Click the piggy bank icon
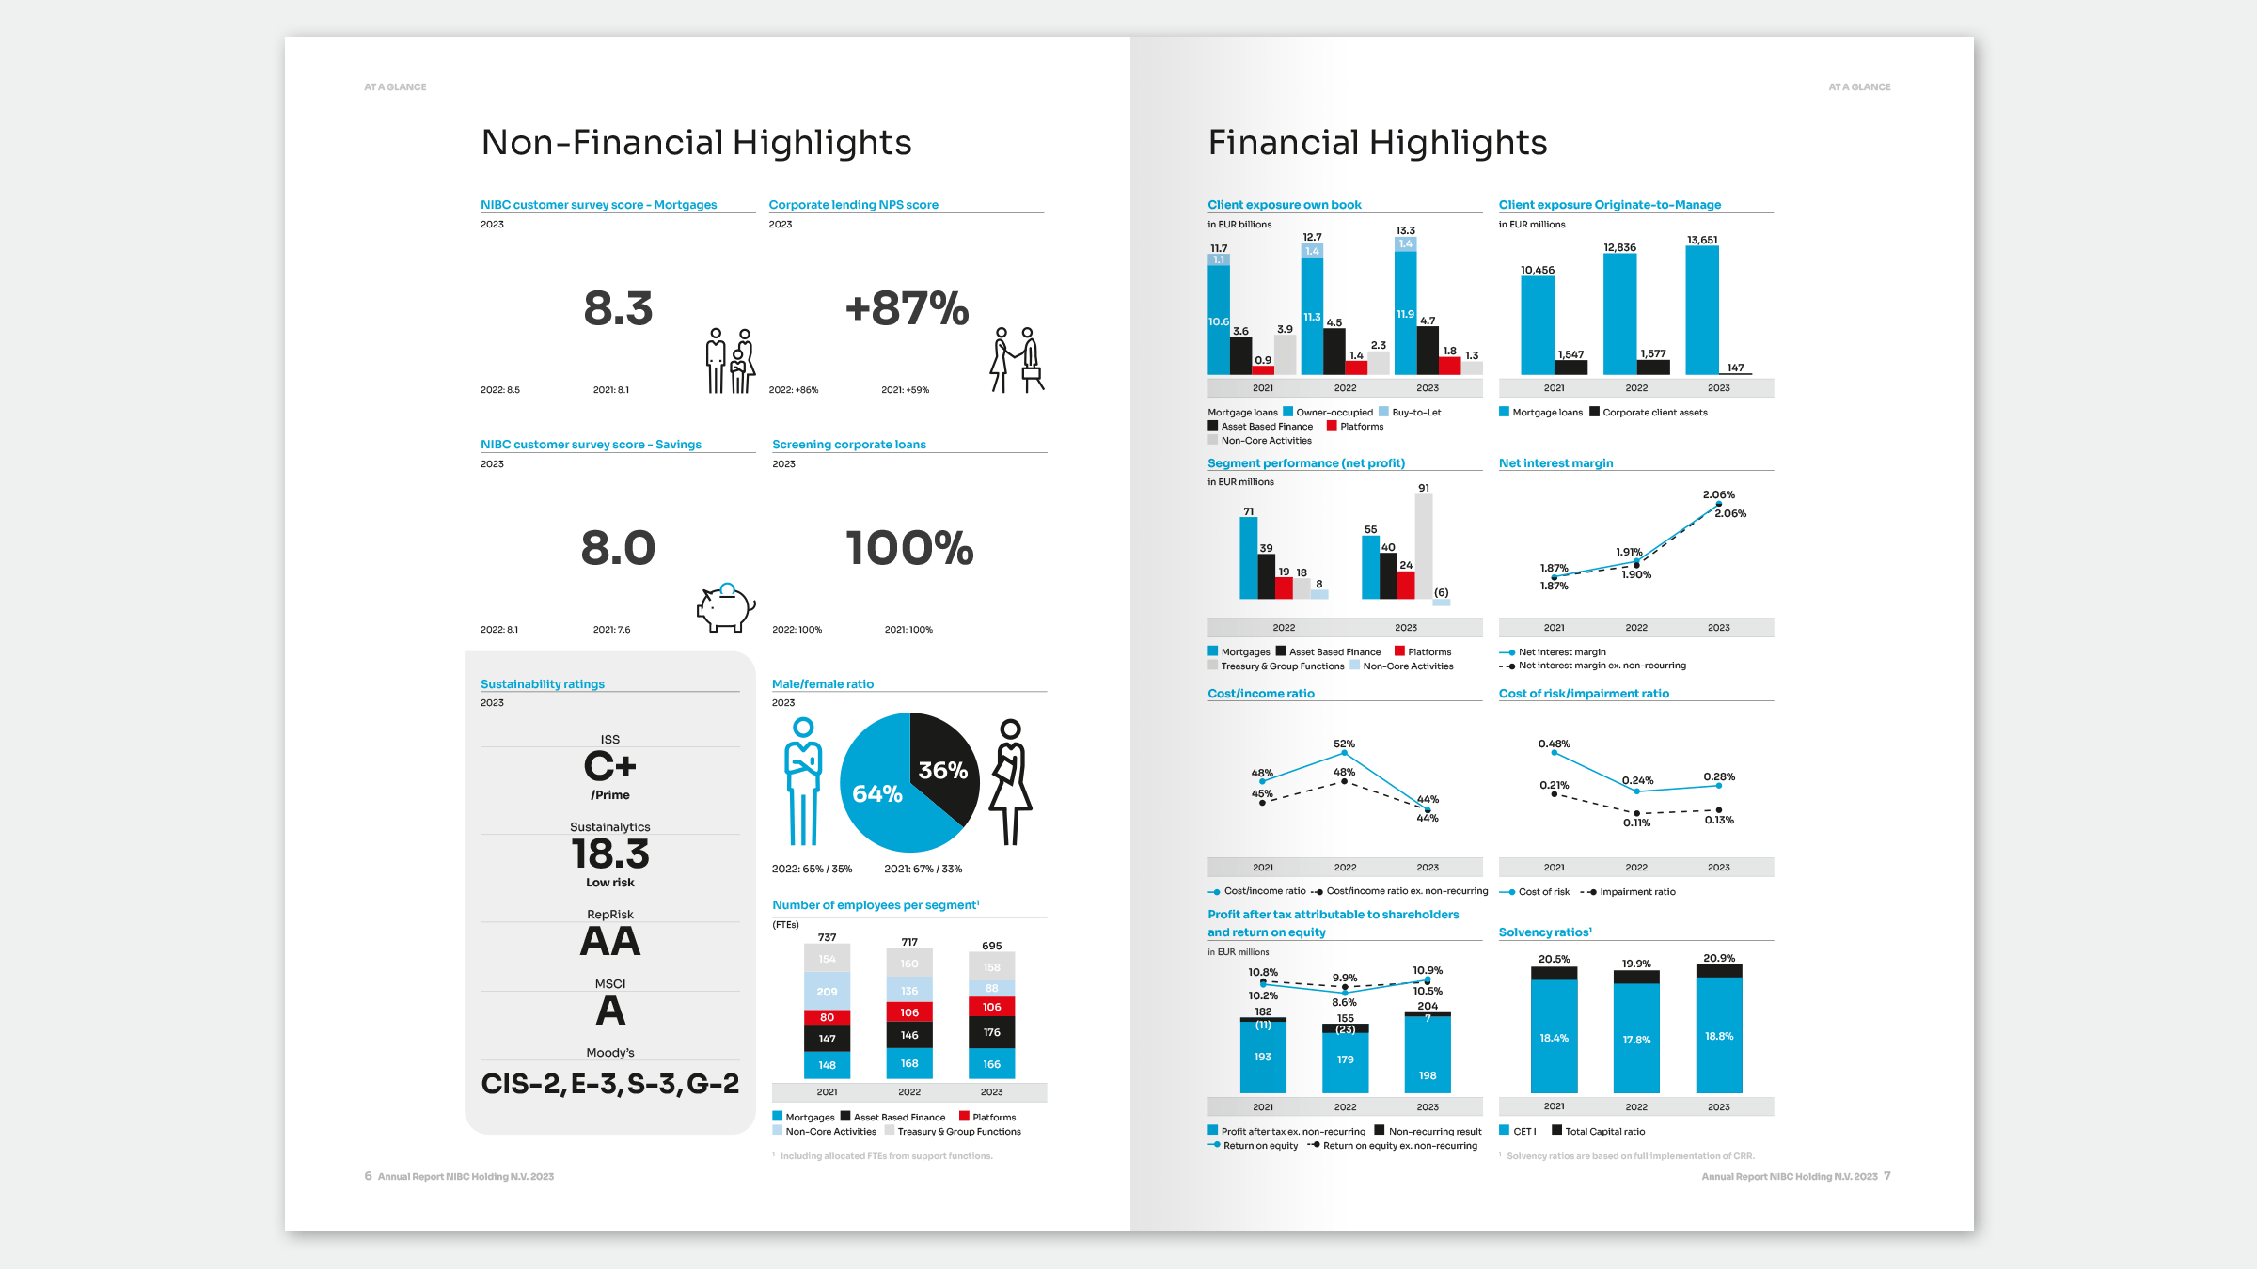725,607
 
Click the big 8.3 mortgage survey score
618,308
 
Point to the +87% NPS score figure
907,308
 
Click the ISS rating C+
610,766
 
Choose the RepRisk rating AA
610,941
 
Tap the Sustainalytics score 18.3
610,854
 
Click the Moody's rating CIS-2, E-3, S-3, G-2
610,1084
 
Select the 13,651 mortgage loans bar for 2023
1702,310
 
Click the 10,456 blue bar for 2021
1538,324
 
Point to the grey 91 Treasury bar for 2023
1424,545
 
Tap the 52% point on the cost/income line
1344,753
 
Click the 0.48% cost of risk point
1555,753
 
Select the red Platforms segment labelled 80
827,1017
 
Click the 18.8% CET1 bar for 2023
1719,1034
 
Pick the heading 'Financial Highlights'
1378,143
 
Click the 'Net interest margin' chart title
1555,463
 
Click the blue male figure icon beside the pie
803,781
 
